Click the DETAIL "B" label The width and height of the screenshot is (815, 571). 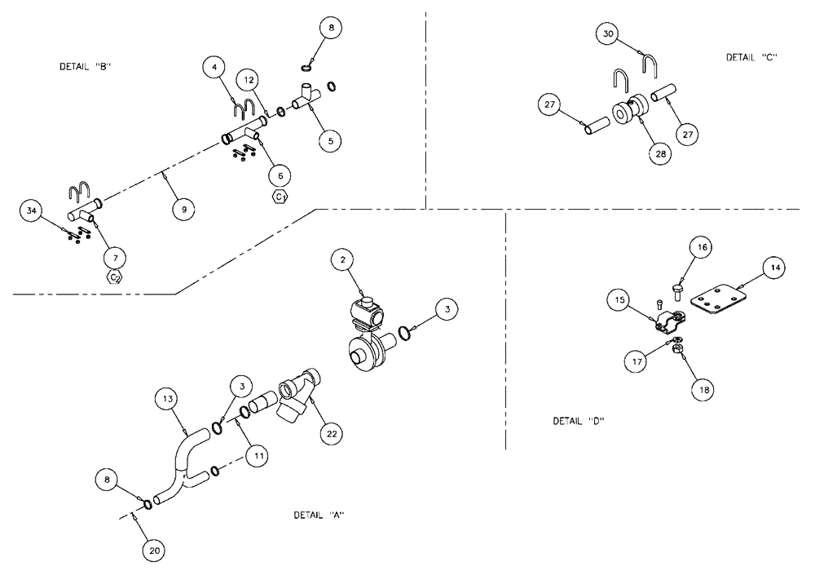coord(85,67)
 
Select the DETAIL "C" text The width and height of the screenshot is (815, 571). coord(752,57)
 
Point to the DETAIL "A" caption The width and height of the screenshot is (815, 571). coord(319,516)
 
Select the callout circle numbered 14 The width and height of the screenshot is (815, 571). coord(774,268)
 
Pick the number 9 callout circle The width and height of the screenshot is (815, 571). coord(183,210)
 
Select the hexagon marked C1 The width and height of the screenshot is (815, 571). coord(280,197)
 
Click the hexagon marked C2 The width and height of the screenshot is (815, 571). coord(116,277)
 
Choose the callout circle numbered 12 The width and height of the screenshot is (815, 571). coord(249,80)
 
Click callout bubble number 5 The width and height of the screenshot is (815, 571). coord(329,140)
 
